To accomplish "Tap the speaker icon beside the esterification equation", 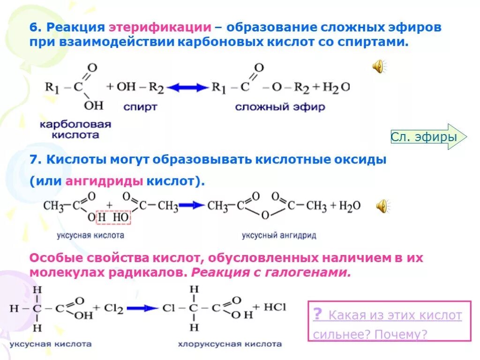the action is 378,67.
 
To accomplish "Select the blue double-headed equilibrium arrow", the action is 187,87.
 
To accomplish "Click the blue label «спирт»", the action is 140,107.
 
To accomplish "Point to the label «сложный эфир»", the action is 280,107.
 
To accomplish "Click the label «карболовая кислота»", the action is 75,130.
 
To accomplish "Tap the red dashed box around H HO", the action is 114,218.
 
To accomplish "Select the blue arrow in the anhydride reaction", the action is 192,205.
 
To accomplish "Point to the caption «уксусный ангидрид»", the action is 279,235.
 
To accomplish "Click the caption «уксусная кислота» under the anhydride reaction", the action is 90,235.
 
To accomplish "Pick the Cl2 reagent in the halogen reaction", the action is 113,308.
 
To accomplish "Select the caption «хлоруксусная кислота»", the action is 230,345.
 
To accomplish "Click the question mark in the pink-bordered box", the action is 317,314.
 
